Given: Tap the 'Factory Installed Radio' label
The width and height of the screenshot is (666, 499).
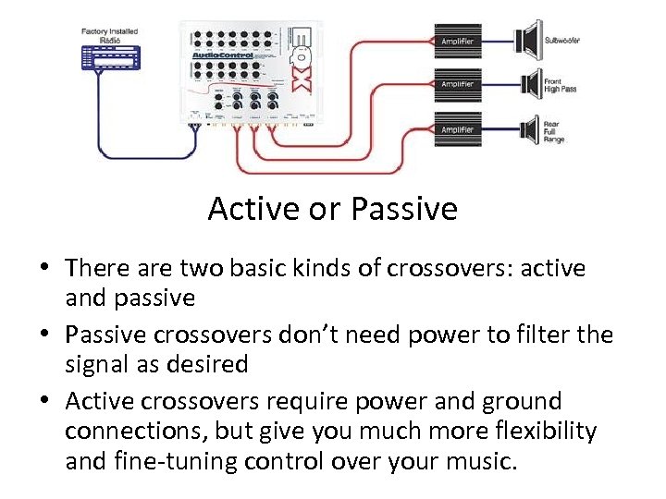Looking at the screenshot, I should point(109,35).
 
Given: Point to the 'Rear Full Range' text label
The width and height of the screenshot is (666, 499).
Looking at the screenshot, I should point(555,130).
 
